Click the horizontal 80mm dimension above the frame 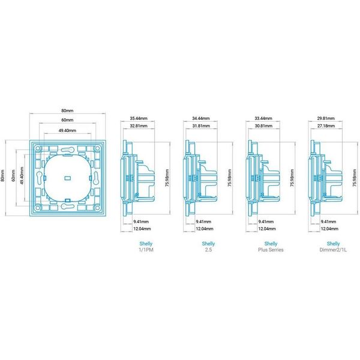coord(67,110)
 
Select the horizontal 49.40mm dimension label coord(67,130)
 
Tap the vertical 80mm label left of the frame coord(2,176)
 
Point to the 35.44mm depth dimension coord(139,118)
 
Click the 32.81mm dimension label coord(139,126)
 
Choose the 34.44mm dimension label coord(201,118)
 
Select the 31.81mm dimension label coord(201,126)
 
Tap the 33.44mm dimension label coord(263,118)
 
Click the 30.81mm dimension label coord(263,126)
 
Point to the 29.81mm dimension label coord(326,118)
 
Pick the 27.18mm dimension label coord(326,126)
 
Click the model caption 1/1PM coord(146,250)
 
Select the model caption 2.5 coord(208,250)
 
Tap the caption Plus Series coord(271,250)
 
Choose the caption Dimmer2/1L coord(334,250)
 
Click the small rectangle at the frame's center coord(67,178)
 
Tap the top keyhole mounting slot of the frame coord(67,150)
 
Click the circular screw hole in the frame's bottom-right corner coord(97,208)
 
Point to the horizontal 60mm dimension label coord(67,120)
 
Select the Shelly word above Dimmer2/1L coord(334,244)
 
